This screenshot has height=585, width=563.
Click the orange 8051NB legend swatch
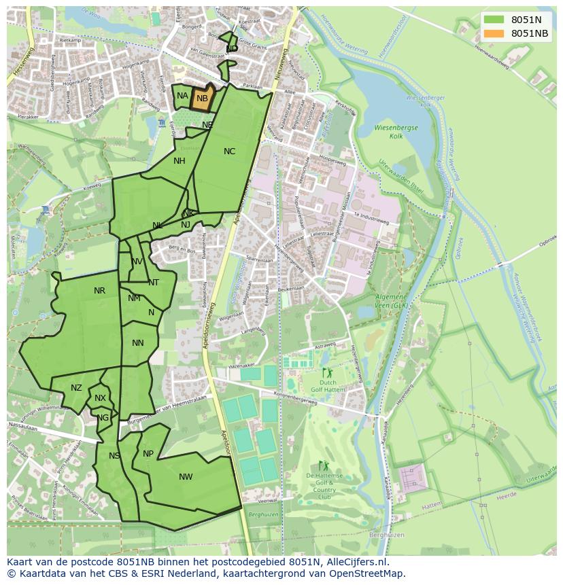point(494,33)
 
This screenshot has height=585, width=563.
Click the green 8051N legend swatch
point(494,20)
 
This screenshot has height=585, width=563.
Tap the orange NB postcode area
point(203,98)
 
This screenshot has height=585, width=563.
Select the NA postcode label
point(182,96)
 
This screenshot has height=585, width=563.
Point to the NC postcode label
point(229,152)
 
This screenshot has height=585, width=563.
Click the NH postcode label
point(180,161)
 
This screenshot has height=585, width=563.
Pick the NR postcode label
point(99,291)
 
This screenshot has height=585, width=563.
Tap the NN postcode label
point(138,343)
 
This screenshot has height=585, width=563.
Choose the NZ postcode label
point(76,388)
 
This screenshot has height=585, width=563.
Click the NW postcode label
point(186,477)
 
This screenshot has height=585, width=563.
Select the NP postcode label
point(148,454)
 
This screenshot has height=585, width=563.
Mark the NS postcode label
point(114,456)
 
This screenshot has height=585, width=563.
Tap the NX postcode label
point(100,398)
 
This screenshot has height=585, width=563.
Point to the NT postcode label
point(154,283)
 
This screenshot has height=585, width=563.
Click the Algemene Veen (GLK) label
point(392,302)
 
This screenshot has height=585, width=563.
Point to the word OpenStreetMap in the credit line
point(368,573)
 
